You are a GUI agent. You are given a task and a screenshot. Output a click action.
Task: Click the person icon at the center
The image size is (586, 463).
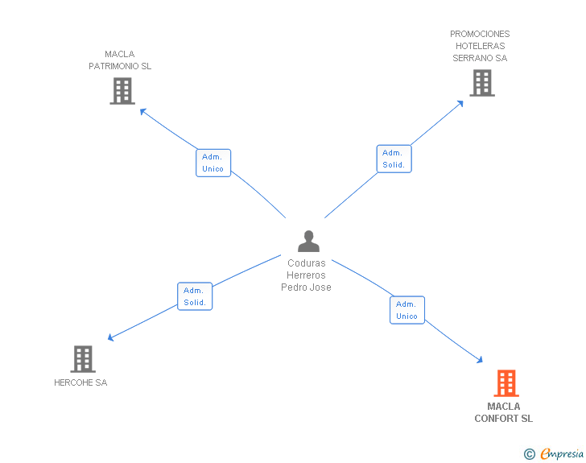pyautogui.click(x=308, y=242)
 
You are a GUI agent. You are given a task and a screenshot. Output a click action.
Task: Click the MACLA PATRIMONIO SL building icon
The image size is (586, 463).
pyautogui.click(x=122, y=91)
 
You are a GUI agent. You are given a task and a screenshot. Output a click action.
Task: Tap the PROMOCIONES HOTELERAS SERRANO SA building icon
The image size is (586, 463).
pyautogui.click(x=481, y=83)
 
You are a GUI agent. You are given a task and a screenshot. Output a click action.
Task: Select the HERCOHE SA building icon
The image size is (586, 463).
pyautogui.click(x=83, y=359)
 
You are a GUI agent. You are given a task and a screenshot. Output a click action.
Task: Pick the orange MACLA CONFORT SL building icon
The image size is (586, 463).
pyautogui.click(x=506, y=383)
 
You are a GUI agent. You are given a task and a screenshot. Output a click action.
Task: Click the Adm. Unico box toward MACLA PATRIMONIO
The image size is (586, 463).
pyautogui.click(x=213, y=163)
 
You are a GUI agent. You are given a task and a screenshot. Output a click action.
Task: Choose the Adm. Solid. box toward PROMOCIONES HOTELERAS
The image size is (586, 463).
pyautogui.click(x=394, y=159)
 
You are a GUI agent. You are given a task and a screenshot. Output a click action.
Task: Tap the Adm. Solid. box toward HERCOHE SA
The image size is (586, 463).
pyautogui.click(x=195, y=296)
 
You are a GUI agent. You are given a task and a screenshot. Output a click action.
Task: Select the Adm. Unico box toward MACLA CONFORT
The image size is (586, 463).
pyautogui.click(x=407, y=310)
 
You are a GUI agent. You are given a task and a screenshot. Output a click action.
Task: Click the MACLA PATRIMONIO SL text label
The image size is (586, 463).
pyautogui.click(x=120, y=60)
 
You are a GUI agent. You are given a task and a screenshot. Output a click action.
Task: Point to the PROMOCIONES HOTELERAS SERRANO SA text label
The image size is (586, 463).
pyautogui.click(x=480, y=46)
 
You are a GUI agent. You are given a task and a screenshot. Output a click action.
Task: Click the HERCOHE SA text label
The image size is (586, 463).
pyautogui.click(x=80, y=382)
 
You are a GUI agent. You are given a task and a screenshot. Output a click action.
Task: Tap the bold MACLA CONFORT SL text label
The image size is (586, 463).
pyautogui.click(x=504, y=412)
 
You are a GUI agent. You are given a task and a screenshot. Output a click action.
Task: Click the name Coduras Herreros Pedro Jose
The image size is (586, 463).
pyautogui.click(x=307, y=275)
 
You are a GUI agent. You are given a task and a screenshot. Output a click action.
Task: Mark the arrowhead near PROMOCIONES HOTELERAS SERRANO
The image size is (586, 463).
pyautogui.click(x=460, y=102)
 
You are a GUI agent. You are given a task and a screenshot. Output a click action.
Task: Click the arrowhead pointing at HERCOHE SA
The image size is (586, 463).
pyautogui.click(x=111, y=338)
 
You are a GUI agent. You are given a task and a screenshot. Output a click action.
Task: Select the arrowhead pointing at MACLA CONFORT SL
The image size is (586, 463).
pyautogui.click(x=480, y=362)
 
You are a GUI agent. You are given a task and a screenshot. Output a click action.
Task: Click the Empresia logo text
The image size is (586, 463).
pyautogui.click(x=562, y=454)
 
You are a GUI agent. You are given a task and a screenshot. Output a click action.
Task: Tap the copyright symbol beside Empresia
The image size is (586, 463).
pyautogui.click(x=529, y=455)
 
